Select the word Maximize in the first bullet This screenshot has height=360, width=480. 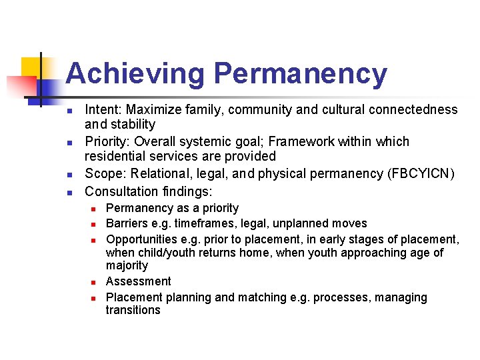tap(153, 109)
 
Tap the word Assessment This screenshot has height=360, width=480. tap(138, 281)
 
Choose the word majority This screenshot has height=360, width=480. tap(127, 265)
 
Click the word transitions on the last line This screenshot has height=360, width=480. tap(133, 310)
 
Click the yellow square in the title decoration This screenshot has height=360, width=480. tap(31, 67)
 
